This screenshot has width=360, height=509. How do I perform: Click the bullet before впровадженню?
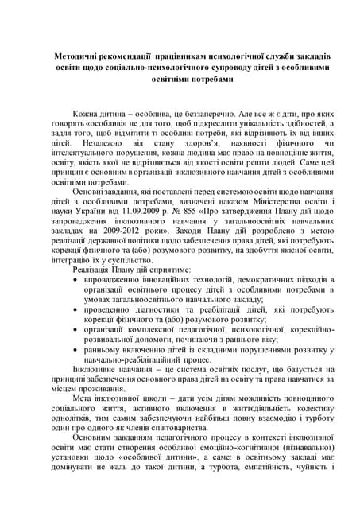pos(75,281)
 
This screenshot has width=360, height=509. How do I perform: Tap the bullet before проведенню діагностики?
pos(75,312)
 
